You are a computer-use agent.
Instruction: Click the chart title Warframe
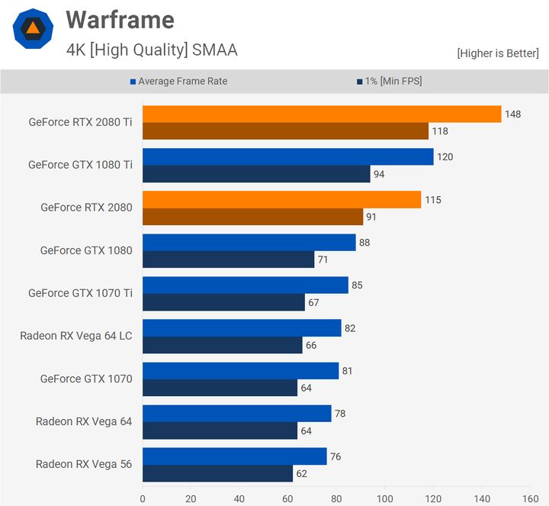tap(120, 20)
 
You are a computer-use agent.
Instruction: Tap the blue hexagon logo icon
tap(33, 29)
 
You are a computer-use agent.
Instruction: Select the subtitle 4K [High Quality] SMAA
tap(152, 50)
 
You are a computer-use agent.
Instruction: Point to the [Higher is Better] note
tap(498, 53)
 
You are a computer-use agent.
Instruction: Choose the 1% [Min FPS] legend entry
tap(388, 81)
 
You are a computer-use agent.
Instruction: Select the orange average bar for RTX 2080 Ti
tap(321, 114)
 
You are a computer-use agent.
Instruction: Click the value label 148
tap(512, 114)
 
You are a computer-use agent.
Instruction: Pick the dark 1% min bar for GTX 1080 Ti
tap(255, 174)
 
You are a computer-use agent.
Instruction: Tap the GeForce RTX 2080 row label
tap(86, 208)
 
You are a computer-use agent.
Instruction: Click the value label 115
tap(432, 200)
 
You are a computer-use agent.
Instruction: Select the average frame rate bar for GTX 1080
tap(249, 242)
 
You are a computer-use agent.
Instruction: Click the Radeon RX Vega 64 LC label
tap(76, 336)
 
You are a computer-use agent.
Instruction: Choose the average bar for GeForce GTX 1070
tap(240, 370)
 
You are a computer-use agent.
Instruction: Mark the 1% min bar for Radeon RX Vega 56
tap(217, 473)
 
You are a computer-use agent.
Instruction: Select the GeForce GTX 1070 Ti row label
tap(80, 293)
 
